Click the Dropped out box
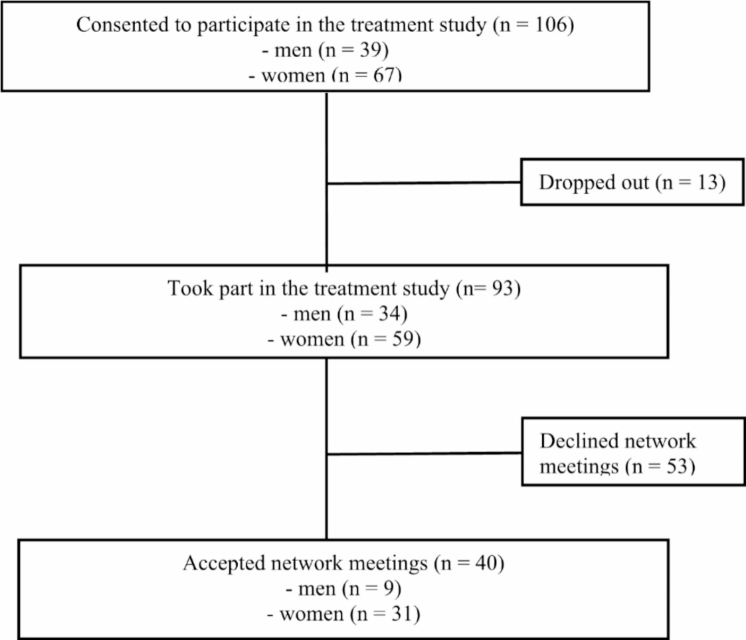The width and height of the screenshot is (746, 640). [x=632, y=182]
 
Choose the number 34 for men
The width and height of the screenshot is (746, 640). [x=389, y=314]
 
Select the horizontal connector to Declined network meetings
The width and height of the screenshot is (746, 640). [x=424, y=453]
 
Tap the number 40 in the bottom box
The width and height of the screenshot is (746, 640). [x=486, y=563]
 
